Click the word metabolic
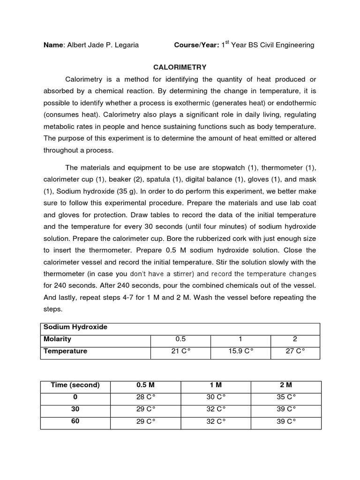pos(60,127)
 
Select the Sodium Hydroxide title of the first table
pos(75,327)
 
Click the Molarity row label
pos(57,339)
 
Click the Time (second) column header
pos(75,385)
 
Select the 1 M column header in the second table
pos(216,385)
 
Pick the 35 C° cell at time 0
pos(286,397)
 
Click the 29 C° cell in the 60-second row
pos(145,421)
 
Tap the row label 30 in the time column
pos(75,409)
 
